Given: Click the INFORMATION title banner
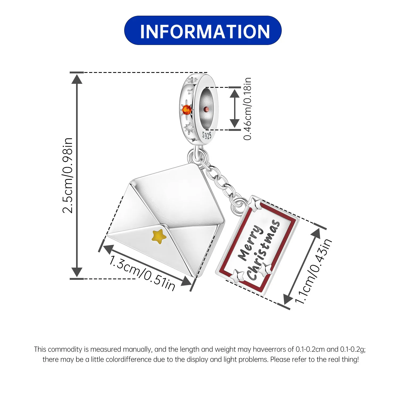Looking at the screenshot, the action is click(x=203, y=31).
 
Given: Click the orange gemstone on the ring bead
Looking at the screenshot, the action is click(x=186, y=109).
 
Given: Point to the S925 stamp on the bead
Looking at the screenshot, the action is click(x=207, y=135).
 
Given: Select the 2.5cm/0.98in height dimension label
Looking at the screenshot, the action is click(x=68, y=176).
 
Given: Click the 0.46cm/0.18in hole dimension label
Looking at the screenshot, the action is click(x=247, y=109).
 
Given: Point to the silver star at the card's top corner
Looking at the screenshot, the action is click(x=255, y=203).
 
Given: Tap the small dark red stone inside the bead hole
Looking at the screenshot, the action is click(x=206, y=109).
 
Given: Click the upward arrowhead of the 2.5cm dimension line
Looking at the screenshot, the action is click(x=77, y=79).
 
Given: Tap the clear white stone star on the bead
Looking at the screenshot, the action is click(x=189, y=128).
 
